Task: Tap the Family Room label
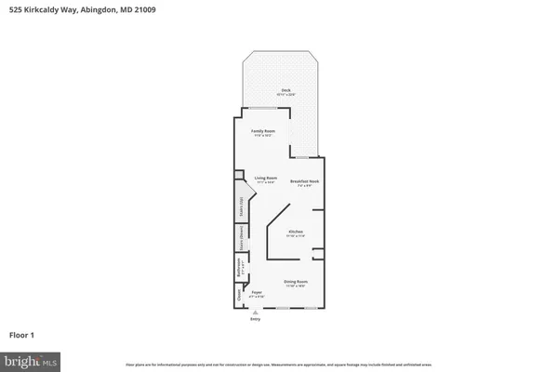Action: click(262, 131)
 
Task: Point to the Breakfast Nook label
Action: click(304, 180)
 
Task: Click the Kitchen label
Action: click(296, 231)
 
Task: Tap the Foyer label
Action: click(257, 291)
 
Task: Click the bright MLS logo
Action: click(32, 360)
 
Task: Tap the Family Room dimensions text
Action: click(262, 136)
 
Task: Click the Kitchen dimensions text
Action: click(296, 235)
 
